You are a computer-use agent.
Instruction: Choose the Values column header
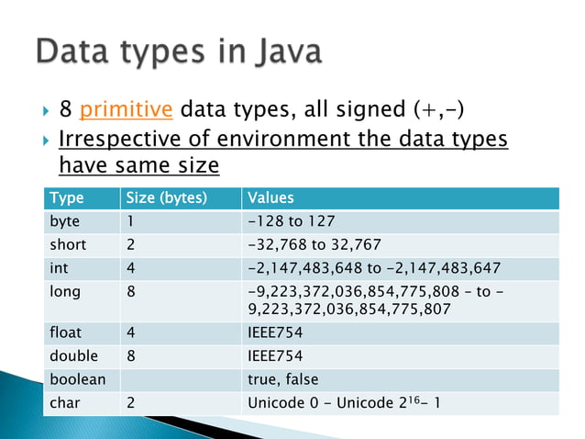(270, 197)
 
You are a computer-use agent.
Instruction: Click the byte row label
(65, 221)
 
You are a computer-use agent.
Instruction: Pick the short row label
(68, 244)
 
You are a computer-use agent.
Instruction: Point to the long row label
(65, 292)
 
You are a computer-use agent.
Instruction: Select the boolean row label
(77, 378)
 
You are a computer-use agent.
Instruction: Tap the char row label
(65, 401)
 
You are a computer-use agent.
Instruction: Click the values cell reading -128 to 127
(292, 221)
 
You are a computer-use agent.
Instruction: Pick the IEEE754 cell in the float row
(275, 332)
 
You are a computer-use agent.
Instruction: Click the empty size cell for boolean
(179, 378)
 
